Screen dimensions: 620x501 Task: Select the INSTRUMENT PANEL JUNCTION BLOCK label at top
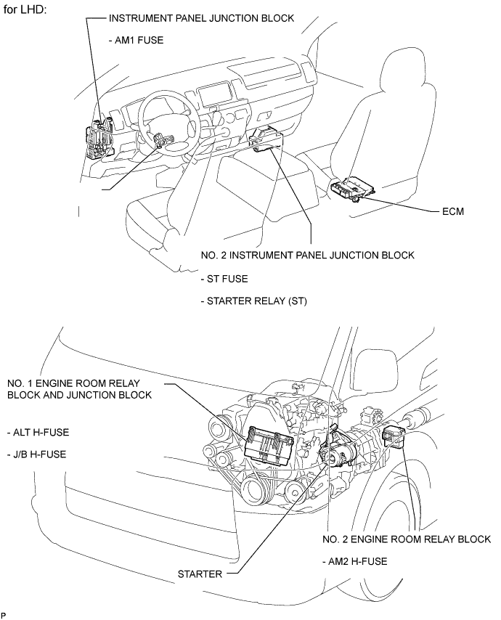(x=201, y=18)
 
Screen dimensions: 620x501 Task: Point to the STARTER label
(x=200, y=574)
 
